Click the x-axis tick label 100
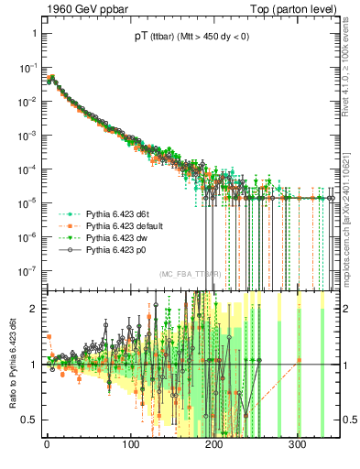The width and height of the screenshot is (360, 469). [x=131, y=444]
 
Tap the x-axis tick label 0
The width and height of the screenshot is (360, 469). [x=48, y=444]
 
